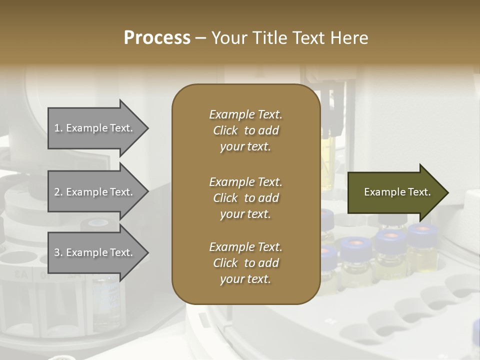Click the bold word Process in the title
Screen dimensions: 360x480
click(157, 38)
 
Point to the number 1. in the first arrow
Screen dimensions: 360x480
click(58, 128)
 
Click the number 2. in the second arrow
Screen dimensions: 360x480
click(58, 192)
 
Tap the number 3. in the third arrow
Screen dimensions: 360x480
click(58, 252)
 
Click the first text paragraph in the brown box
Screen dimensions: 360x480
click(245, 130)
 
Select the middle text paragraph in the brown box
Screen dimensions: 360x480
click(245, 197)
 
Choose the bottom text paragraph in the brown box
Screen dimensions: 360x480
click(245, 263)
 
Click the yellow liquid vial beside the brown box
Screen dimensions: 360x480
click(328, 165)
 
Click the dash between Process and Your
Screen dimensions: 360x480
click(201, 38)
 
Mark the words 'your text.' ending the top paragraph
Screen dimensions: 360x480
click(245, 147)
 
